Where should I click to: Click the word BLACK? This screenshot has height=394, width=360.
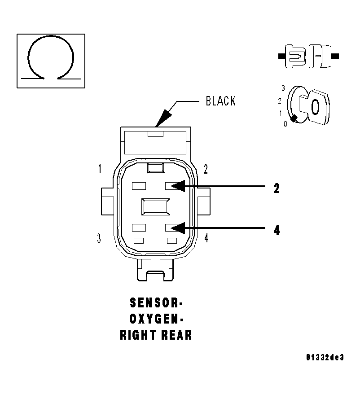(220, 101)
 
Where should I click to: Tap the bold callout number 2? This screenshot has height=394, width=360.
(277, 188)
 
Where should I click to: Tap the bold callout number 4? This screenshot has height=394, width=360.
(277, 230)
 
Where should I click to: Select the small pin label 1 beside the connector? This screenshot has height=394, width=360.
(100, 169)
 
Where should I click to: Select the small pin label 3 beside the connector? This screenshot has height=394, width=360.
(99, 238)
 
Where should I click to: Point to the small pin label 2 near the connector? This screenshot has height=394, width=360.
(206, 169)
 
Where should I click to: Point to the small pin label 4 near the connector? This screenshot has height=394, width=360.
(206, 238)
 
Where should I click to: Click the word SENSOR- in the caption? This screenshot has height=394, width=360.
(156, 303)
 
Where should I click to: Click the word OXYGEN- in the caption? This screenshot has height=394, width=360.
(156, 319)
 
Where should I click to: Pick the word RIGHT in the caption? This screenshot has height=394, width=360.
(137, 335)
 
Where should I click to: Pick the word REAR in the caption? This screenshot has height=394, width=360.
(176, 335)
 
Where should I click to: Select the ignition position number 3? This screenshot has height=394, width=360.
(283, 88)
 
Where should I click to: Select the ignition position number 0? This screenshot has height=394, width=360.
(285, 123)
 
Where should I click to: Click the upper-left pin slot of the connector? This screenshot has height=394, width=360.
(138, 185)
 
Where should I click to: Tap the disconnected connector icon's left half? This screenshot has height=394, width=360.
(294, 57)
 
